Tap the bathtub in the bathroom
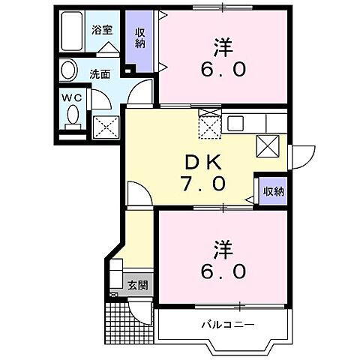72,33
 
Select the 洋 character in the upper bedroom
220,46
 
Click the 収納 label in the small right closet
273,191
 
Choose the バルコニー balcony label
227,325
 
